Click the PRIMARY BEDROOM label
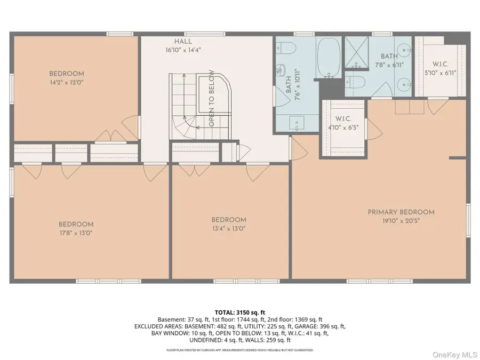[401, 212]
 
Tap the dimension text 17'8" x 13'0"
[76, 233]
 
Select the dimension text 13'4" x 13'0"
[229, 228]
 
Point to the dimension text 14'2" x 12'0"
[67, 83]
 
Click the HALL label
[182, 42]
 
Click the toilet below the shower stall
[355, 82]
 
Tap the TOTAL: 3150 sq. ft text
[239, 312]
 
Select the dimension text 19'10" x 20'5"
[401, 220]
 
